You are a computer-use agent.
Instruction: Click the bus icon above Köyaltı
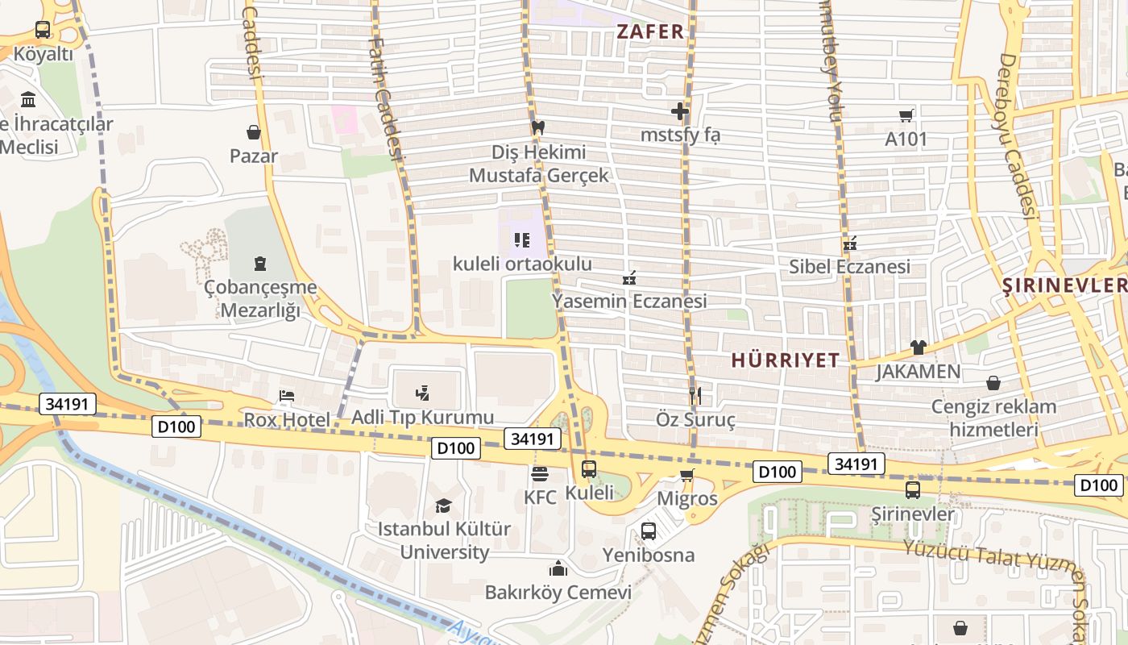click(43, 30)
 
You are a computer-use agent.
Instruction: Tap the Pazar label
click(254, 156)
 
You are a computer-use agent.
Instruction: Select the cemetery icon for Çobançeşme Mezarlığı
click(259, 263)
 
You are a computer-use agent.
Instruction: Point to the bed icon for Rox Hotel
click(287, 396)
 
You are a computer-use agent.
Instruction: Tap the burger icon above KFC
click(539, 473)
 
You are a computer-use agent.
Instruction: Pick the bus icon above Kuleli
click(589, 468)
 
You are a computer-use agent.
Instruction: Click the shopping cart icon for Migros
click(686, 475)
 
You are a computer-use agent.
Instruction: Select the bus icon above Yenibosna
click(649, 531)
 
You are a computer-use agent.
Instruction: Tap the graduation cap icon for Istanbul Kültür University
click(443, 506)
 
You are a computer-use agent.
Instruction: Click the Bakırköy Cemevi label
click(558, 593)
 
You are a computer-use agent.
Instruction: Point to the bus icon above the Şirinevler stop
click(913, 489)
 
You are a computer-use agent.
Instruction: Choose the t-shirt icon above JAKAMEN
click(918, 347)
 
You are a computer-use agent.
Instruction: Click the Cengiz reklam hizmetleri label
click(993, 418)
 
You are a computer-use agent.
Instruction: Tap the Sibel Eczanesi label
click(849, 266)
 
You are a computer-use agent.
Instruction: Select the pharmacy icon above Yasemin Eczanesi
click(629, 278)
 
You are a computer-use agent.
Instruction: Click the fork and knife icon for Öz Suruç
click(696, 395)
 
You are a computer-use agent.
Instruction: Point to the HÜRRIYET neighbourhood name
click(786, 360)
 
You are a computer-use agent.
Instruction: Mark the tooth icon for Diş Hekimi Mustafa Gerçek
click(539, 127)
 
